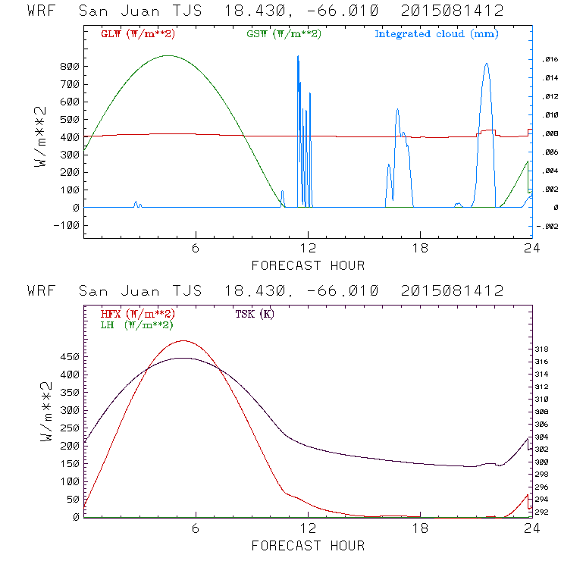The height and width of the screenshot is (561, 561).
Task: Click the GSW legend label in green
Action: pyautogui.click(x=284, y=34)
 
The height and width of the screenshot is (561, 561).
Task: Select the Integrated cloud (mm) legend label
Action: pyautogui.click(x=435, y=34)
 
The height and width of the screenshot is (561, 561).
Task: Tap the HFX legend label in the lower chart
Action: pyautogui.click(x=137, y=314)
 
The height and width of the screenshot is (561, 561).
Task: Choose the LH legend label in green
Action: pyautogui.click(x=136, y=324)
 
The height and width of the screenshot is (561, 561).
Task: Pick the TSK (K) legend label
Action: pyautogui.click(x=255, y=314)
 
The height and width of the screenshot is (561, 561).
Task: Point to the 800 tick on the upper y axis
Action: pyautogui.click(x=71, y=67)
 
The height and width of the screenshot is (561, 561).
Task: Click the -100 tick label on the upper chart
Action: pyautogui.click(x=67, y=225)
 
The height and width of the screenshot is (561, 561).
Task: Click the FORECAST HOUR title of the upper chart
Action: pyautogui.click(x=308, y=265)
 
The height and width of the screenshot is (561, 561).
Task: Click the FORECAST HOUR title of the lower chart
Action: pyautogui.click(x=308, y=545)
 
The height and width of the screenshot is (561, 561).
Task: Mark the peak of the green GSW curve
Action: pyautogui.click(x=168, y=55)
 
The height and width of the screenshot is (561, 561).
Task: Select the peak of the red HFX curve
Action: pyautogui.click(x=183, y=341)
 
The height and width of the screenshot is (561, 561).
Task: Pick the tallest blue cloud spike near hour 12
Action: pyautogui.click(x=298, y=56)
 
